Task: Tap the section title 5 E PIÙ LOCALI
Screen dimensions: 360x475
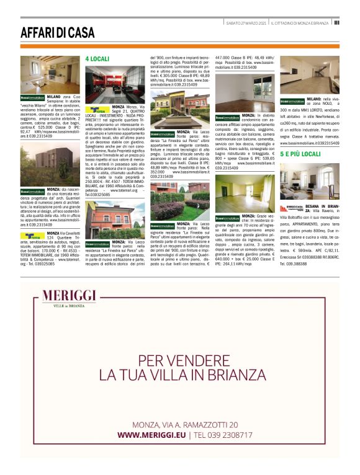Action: pos(300,153)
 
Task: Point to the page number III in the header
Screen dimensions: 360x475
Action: pos(336,22)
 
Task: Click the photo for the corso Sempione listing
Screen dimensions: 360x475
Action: pos(41,74)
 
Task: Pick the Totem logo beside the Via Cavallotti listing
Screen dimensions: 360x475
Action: pos(31,236)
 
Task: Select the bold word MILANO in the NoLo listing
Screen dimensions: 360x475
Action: pos(314,100)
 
